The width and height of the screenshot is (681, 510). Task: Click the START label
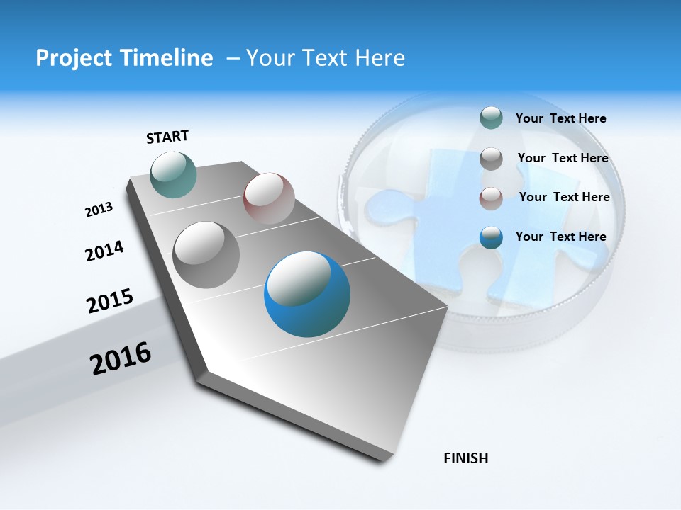[x=167, y=137]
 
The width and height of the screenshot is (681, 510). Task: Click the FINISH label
[x=465, y=458]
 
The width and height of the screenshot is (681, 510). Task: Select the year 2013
[x=99, y=210]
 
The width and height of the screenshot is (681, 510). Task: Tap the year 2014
[x=104, y=251]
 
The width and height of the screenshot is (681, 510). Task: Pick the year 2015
[x=110, y=300]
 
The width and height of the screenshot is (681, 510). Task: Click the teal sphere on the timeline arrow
[x=174, y=174]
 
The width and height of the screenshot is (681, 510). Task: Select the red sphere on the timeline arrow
[x=269, y=198]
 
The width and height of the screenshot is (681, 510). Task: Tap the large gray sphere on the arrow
[x=206, y=255]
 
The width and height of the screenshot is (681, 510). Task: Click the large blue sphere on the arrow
[x=307, y=295]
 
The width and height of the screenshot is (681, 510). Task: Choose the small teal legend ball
[x=491, y=118]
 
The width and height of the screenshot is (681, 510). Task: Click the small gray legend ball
[x=491, y=159]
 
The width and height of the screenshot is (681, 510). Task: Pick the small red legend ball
[x=491, y=198]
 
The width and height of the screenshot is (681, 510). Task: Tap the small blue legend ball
[x=491, y=237]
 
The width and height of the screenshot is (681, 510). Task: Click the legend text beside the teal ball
[x=560, y=118]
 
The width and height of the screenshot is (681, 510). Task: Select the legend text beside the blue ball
[x=560, y=237]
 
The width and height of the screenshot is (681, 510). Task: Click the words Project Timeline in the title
[x=124, y=58]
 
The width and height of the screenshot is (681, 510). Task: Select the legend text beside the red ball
[x=564, y=197]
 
